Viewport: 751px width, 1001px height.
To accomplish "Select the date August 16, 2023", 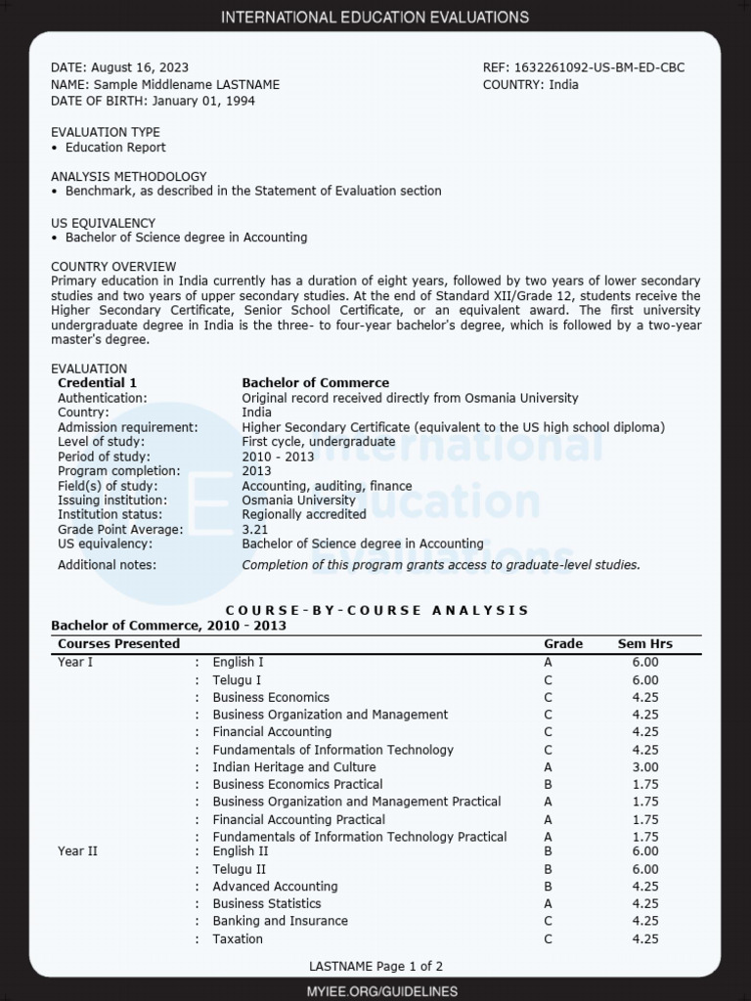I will coord(140,67).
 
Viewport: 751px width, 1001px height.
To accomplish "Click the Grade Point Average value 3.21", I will coord(255,529).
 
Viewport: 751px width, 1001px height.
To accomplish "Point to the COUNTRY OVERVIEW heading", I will coord(113,267).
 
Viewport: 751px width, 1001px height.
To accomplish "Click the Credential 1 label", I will coord(97,383).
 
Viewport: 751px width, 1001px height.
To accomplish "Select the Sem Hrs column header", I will coord(644,643).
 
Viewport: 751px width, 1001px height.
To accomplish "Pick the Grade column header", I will coord(562,643).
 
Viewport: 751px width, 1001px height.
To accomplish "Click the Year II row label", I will coord(77,851).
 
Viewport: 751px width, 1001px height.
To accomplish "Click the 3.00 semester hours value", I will coord(644,767).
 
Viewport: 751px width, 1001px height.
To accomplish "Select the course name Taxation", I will coord(238,939).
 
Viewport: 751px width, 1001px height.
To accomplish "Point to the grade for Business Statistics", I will coord(548,904).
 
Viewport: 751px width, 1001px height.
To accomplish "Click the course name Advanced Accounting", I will coord(275,887).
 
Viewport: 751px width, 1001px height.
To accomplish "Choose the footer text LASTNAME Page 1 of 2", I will coord(375,967).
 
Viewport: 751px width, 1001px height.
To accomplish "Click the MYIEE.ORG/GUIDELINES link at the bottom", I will coord(375,991).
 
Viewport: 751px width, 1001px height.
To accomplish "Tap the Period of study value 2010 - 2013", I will coord(278,457).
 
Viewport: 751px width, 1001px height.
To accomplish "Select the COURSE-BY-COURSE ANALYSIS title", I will coord(376,610).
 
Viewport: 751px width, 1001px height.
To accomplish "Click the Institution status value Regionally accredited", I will coord(304,514).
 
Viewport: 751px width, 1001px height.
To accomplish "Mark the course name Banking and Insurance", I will coord(280,921).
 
